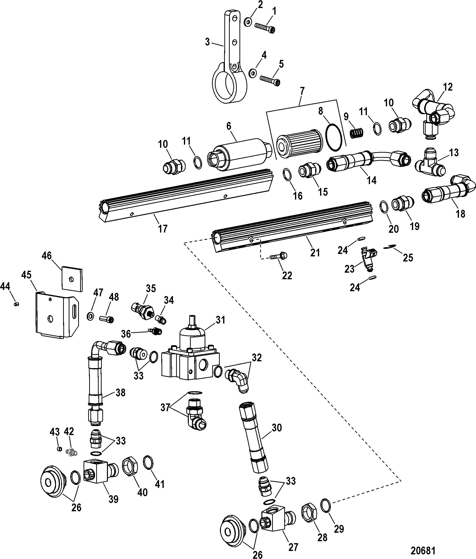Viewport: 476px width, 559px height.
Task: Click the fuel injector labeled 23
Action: pyautogui.click(x=369, y=259)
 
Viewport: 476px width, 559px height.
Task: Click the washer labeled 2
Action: pyautogui.click(x=248, y=22)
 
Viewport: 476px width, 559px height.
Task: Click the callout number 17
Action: pyautogui.click(x=162, y=229)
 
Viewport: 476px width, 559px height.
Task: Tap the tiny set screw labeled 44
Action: pyautogui.click(x=16, y=304)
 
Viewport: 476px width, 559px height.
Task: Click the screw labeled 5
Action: pyautogui.click(x=270, y=80)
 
